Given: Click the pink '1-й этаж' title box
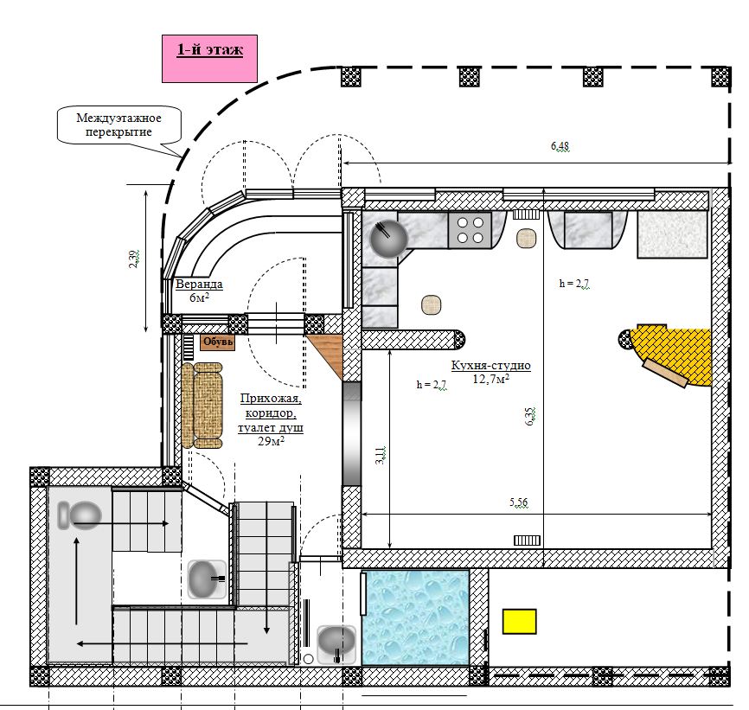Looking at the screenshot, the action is click(209, 59).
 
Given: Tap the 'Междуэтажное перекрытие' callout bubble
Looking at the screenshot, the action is click(119, 125).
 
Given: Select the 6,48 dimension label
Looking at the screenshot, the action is click(560, 145).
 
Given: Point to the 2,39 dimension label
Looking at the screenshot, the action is click(134, 259).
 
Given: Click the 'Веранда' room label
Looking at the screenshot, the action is click(199, 285).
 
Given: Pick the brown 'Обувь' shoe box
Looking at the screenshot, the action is click(218, 342).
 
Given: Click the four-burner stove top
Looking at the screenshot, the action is click(470, 230).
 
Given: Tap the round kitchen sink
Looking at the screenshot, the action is click(389, 239).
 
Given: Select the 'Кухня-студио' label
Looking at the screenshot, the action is click(491, 366).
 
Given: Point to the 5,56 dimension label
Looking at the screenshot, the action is click(519, 502).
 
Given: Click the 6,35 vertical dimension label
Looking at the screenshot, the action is click(530, 416).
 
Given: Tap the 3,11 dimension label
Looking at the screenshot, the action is click(381, 455).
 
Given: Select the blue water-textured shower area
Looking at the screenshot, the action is click(415, 617).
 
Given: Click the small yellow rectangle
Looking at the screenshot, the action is click(519, 621).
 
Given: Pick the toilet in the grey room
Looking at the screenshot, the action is click(80, 515).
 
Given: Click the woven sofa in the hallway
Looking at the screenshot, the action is click(202, 406).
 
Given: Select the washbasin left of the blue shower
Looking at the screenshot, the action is click(336, 644).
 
